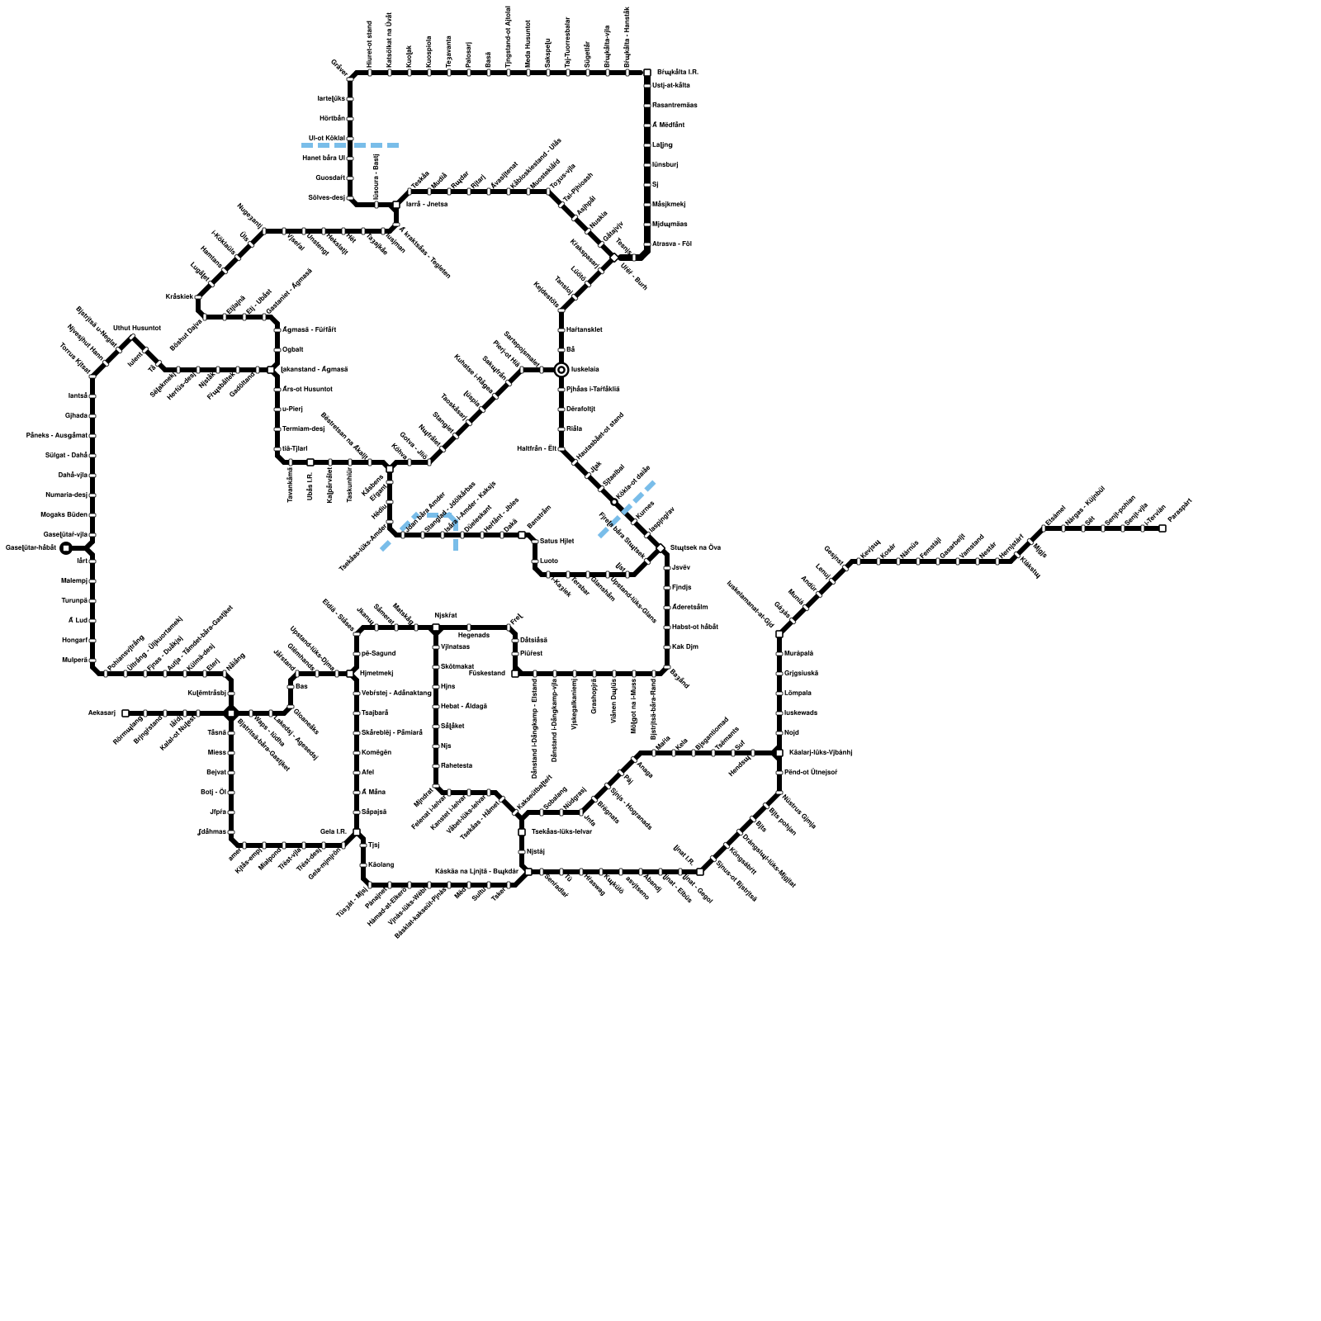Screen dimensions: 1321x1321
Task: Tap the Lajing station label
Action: coord(662,145)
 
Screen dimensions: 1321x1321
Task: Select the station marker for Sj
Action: coord(647,185)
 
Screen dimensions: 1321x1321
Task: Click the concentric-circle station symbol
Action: coord(561,370)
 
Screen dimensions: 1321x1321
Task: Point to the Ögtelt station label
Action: coord(293,350)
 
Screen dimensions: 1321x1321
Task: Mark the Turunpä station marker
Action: coord(92,601)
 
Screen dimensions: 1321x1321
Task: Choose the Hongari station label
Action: coord(74,641)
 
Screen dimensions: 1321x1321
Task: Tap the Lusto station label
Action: coord(549,561)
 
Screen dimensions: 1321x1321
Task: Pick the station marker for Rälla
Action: coord(561,429)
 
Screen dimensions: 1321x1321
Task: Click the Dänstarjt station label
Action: coord(581,410)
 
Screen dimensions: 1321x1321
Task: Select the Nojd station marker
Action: coord(779,733)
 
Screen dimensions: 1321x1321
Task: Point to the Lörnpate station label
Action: coord(798,694)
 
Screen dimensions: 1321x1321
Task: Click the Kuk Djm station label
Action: coord(685,647)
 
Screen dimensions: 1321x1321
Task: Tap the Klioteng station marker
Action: coord(363,865)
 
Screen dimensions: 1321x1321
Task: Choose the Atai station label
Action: coord(368,773)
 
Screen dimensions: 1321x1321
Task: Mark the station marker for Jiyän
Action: coord(231,812)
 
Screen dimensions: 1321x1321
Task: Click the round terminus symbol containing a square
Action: coord(66,547)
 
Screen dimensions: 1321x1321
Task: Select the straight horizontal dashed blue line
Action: coord(350,145)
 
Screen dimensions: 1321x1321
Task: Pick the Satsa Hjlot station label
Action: coord(557,542)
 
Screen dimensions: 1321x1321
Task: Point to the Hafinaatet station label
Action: coord(585,330)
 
